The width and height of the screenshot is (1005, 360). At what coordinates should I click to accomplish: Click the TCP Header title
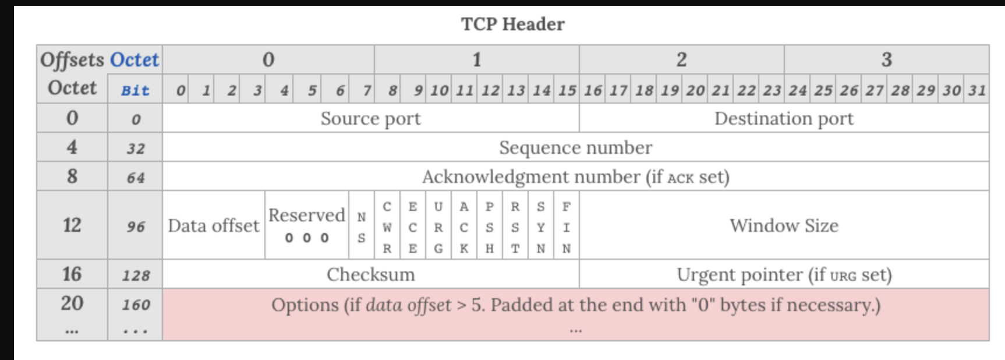tap(512, 24)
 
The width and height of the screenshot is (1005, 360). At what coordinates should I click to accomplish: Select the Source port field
tap(370, 118)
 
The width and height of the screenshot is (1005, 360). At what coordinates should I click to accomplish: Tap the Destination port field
tap(784, 118)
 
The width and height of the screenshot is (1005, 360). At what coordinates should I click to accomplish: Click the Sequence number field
tap(575, 147)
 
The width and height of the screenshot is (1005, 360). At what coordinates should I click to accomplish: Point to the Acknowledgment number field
tap(575, 177)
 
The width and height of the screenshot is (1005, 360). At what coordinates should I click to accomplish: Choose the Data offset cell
tap(214, 225)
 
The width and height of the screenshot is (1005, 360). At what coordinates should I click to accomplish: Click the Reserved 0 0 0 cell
tap(307, 225)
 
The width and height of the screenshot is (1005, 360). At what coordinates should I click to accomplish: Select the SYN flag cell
tap(541, 227)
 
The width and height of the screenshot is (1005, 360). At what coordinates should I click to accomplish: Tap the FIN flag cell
tap(567, 227)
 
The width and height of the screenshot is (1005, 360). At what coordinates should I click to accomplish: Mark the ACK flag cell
tap(464, 227)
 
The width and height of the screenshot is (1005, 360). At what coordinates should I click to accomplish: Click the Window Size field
tap(784, 225)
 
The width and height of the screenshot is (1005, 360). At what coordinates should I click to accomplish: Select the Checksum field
tap(370, 274)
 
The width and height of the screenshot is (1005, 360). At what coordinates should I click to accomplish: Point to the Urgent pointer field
tap(784, 274)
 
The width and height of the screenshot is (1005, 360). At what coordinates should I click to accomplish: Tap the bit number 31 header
tap(977, 90)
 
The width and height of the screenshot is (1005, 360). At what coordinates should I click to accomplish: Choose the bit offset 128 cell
tap(136, 275)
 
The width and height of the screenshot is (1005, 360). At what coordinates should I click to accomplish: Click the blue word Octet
tap(135, 59)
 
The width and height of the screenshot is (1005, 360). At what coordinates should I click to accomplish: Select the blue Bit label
tap(135, 90)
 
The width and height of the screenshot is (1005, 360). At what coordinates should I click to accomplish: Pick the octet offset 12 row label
tap(72, 225)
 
